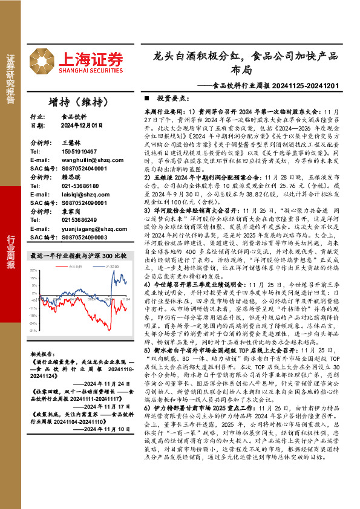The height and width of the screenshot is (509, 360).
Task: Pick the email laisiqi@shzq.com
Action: coord(80,195)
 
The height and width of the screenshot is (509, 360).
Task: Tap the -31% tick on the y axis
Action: coord(34,331)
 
